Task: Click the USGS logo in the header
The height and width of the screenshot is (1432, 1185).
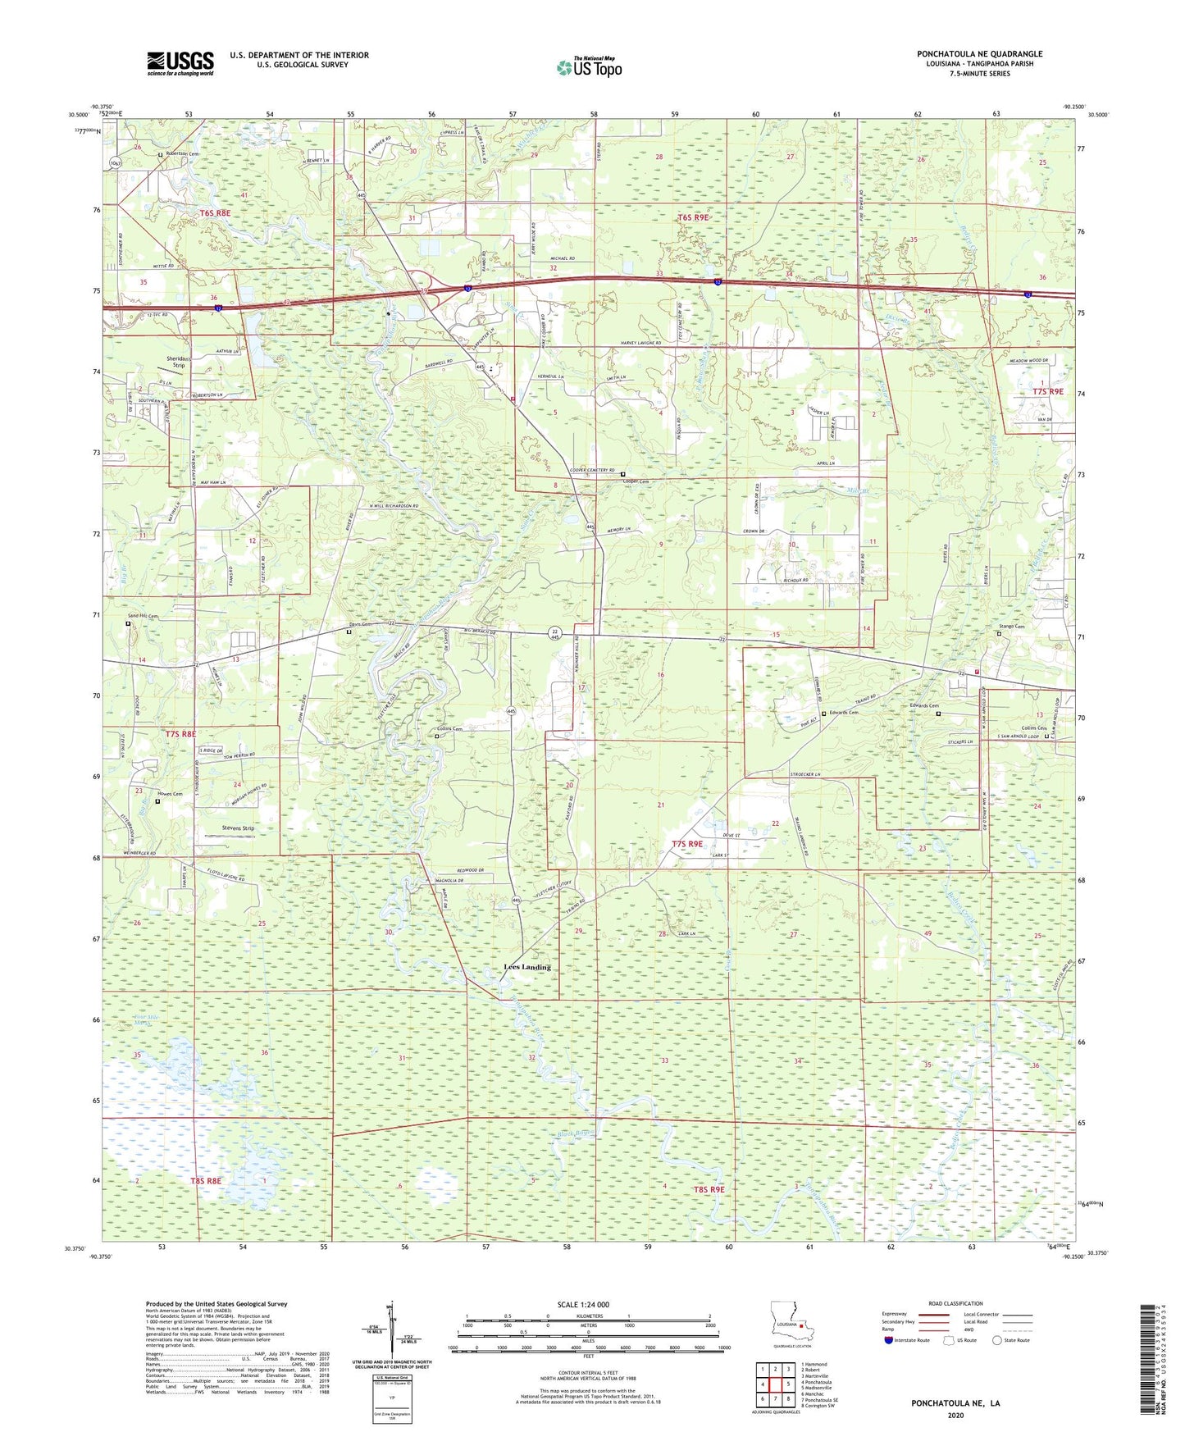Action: pyautogui.click(x=180, y=63)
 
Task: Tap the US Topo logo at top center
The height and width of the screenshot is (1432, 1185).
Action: pyautogui.click(x=589, y=67)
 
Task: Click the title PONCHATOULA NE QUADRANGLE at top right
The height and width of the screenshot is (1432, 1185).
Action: pyautogui.click(x=979, y=54)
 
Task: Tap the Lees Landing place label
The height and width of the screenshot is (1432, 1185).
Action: pyautogui.click(x=526, y=967)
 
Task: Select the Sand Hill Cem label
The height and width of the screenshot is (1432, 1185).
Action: pyautogui.click(x=141, y=615)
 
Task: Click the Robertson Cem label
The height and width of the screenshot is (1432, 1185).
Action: pyautogui.click(x=183, y=153)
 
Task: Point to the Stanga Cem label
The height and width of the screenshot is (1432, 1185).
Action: pyautogui.click(x=1011, y=627)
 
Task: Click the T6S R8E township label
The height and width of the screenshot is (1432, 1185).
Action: pyautogui.click(x=216, y=212)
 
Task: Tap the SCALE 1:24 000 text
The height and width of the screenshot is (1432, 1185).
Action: pyautogui.click(x=583, y=1304)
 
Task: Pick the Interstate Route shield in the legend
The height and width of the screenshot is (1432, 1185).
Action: pyautogui.click(x=889, y=1340)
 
